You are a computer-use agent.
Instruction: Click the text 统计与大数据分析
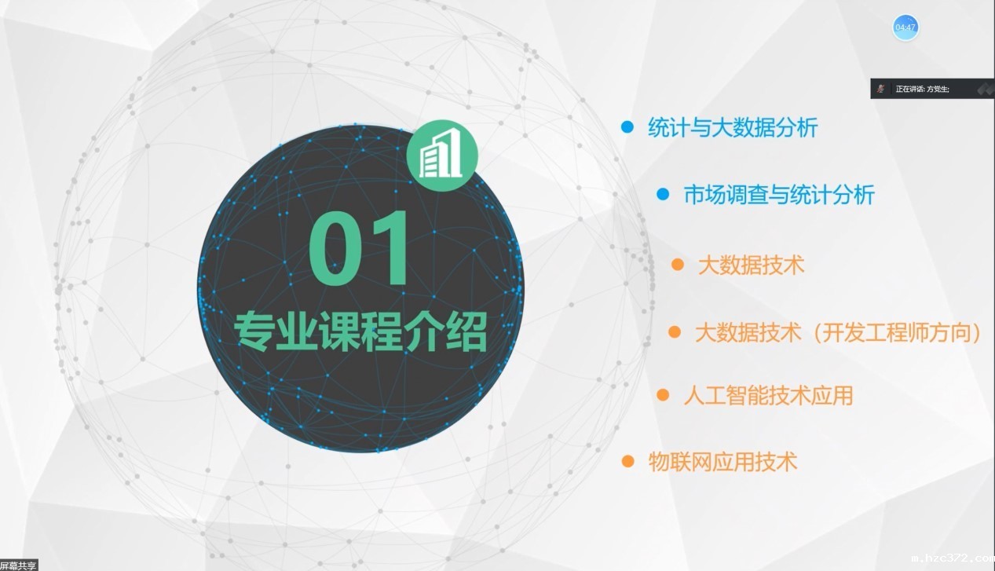pyautogui.click(x=733, y=127)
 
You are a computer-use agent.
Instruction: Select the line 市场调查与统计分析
pyautogui.click(x=779, y=195)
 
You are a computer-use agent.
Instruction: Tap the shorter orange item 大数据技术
pyautogui.click(x=751, y=265)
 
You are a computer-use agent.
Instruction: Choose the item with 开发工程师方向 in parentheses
pyautogui.click(x=838, y=332)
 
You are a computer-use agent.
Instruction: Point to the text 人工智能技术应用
pyautogui.click(x=769, y=395)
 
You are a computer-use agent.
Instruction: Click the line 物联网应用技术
pyautogui.click(x=722, y=461)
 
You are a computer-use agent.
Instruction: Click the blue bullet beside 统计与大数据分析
pyautogui.click(x=627, y=127)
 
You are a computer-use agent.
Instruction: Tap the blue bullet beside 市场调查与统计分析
pyautogui.click(x=663, y=194)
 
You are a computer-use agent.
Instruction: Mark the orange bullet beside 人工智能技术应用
pyautogui.click(x=663, y=394)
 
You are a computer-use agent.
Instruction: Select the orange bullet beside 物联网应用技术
pyautogui.click(x=627, y=461)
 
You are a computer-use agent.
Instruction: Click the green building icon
pyautogui.click(x=442, y=156)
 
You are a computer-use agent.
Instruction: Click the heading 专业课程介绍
pyautogui.click(x=360, y=332)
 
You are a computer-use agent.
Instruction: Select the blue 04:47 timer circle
pyautogui.click(x=905, y=27)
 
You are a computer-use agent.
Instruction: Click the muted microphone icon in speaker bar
pyautogui.click(x=880, y=89)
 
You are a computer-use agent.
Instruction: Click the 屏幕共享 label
pyautogui.click(x=18, y=566)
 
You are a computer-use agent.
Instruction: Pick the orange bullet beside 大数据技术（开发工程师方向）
pyautogui.click(x=675, y=332)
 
